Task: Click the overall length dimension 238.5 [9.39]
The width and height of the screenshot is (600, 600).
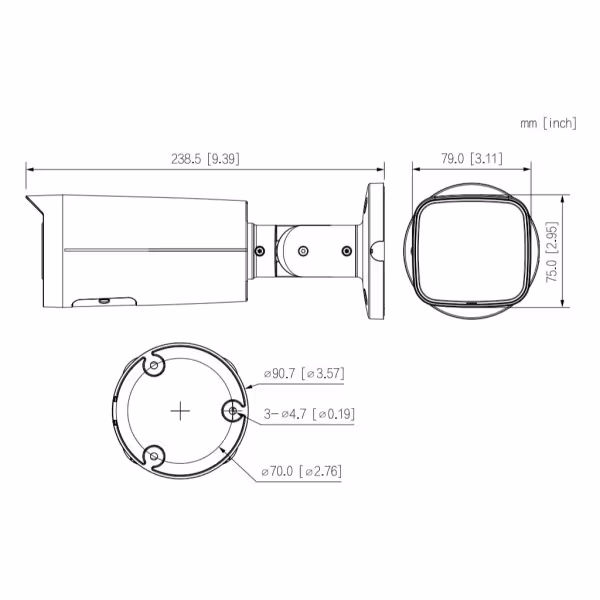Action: coord(206,158)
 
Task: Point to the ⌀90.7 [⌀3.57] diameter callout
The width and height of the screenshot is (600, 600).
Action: coord(304,374)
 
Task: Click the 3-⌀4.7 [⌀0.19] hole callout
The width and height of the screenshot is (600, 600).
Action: coord(308,413)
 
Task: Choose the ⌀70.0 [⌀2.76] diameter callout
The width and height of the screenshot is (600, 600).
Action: coord(301,470)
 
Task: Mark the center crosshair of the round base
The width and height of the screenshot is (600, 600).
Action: coord(180,411)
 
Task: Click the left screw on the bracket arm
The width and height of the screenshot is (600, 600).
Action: coord(260,251)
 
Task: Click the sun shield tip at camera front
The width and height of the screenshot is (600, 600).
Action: coord(30,204)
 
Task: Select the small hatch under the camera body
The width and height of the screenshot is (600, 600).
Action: coord(103,299)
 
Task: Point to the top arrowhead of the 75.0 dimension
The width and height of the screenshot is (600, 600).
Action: coord(566,197)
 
